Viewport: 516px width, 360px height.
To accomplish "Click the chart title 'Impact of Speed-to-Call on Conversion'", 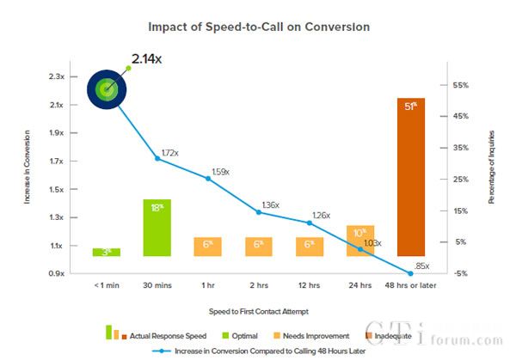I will point(258,27).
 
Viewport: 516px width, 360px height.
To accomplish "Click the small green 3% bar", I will point(107,252).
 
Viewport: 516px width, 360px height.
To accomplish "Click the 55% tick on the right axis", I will point(458,85).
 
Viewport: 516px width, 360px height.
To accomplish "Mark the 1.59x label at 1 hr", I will point(219,172).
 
